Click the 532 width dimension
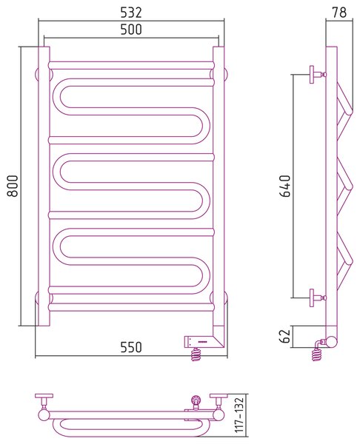(x=131, y=13)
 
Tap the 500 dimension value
(x=131, y=30)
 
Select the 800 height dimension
(x=13, y=186)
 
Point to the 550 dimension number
(x=131, y=347)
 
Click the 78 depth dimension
(x=339, y=13)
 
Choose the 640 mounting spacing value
(x=285, y=186)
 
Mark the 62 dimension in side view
(x=285, y=335)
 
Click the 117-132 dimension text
(x=239, y=415)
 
